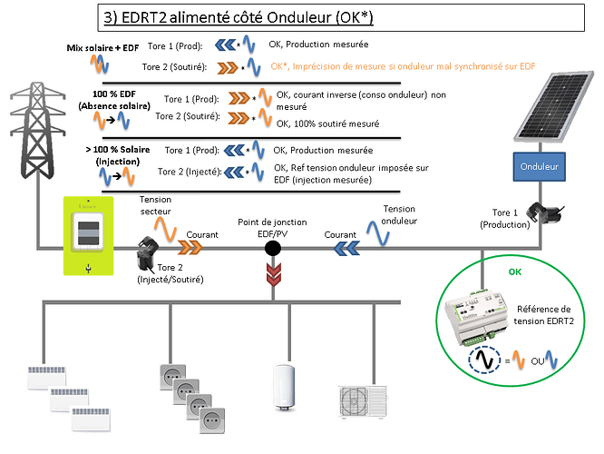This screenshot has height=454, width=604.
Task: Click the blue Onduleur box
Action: [542, 167]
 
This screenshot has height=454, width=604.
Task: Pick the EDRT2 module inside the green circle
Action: [484, 312]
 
